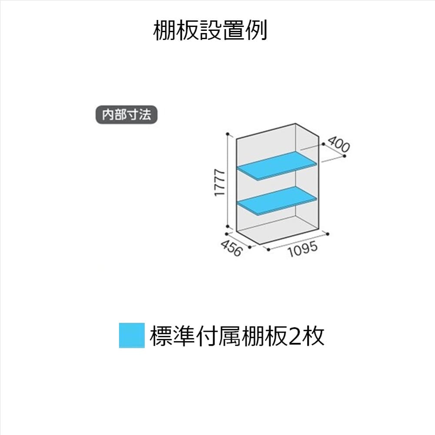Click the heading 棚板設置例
click(210, 31)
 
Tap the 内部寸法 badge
click(126, 115)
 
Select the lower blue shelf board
click(277, 200)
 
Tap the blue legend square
click(131, 335)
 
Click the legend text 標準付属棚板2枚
click(237, 335)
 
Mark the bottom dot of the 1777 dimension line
click(228, 227)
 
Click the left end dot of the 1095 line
click(268, 250)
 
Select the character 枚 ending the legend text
click(314, 336)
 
